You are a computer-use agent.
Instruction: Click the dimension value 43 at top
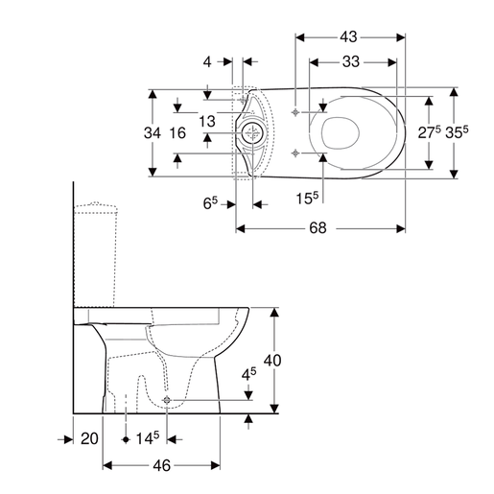pyautogui.click(x=348, y=37)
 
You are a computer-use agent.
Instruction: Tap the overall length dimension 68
pyautogui.click(x=318, y=228)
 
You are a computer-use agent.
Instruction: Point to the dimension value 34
pyautogui.click(x=153, y=132)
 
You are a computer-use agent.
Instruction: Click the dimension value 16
pyautogui.click(x=176, y=132)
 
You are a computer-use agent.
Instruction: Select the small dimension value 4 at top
pyautogui.click(x=206, y=62)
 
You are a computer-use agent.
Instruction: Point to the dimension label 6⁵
pyautogui.click(x=211, y=202)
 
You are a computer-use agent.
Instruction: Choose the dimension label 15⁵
pyautogui.click(x=306, y=198)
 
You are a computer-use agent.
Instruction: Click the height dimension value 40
pyautogui.click(x=273, y=361)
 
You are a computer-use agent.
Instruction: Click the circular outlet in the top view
pyautogui.click(x=253, y=132)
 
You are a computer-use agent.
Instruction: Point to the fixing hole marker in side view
pyautogui.click(x=168, y=399)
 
